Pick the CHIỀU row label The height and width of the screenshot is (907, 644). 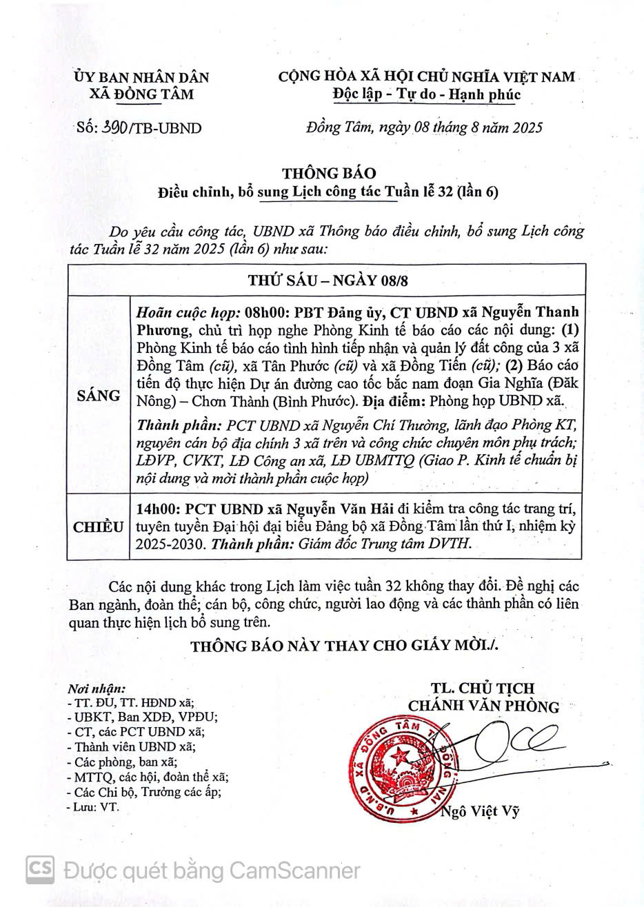point(99,527)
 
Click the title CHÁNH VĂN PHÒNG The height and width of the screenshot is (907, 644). point(483,706)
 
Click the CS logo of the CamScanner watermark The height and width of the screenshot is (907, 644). point(40,870)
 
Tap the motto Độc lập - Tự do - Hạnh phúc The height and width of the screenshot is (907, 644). point(426,94)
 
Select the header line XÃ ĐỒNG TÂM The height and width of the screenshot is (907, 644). point(141,94)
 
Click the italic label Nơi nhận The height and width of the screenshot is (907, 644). point(97,689)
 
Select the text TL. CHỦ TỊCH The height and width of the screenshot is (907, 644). point(483,689)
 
